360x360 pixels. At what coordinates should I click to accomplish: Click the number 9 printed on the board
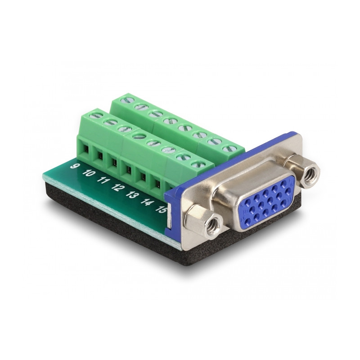73,166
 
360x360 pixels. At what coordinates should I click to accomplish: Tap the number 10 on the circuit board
88,173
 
